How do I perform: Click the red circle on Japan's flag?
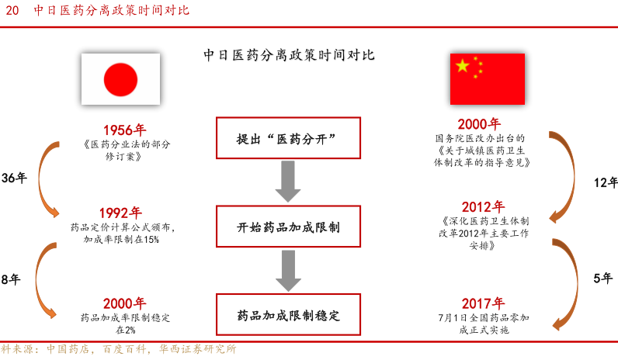point(120,80)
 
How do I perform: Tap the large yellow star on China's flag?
point(463,66)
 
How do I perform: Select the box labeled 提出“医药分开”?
point(288,138)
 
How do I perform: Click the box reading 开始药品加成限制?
point(288,227)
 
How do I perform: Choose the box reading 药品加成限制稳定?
point(288,315)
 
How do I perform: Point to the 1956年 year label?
point(124,130)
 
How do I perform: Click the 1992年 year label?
point(120,213)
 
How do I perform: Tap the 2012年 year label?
point(483,207)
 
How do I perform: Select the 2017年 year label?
point(483,303)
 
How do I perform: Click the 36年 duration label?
point(14,178)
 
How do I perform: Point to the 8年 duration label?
point(11,279)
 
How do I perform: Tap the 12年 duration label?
point(606,182)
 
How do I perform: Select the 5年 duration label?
point(603,278)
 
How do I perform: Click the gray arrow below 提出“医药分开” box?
point(288,182)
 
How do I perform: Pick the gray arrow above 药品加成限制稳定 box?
point(288,271)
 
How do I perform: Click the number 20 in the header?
point(12,10)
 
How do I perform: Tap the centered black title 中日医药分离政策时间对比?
point(289,55)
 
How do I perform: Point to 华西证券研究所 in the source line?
point(197,349)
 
